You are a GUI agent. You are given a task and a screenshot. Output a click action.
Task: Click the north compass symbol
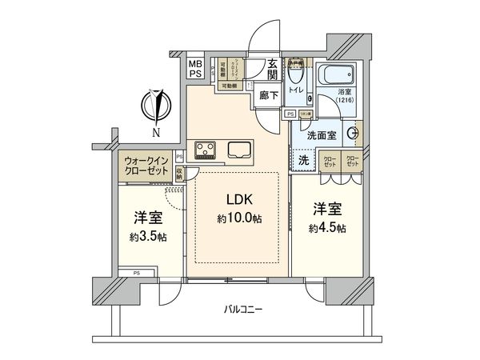(155, 105)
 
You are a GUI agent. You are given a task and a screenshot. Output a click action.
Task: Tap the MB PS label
(195, 68)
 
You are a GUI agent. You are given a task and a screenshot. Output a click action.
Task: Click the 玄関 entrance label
(273, 70)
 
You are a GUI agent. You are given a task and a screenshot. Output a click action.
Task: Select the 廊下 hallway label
(270, 94)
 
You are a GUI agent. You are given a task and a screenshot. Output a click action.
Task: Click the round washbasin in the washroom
(353, 134)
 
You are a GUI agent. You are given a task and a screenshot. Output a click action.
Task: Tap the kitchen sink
(240, 149)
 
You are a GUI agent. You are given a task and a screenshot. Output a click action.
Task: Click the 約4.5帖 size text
(328, 229)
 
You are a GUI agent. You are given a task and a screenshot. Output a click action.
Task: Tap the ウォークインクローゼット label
(147, 166)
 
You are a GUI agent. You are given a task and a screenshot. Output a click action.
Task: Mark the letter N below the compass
(155, 131)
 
